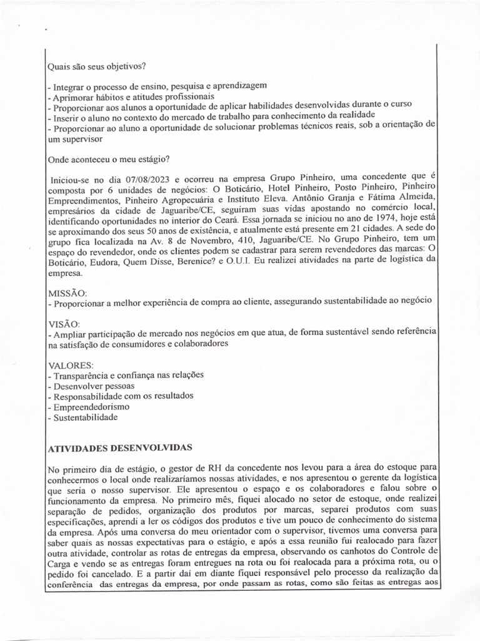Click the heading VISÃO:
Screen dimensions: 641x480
[x=64, y=324]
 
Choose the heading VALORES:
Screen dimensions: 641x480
[x=71, y=364]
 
